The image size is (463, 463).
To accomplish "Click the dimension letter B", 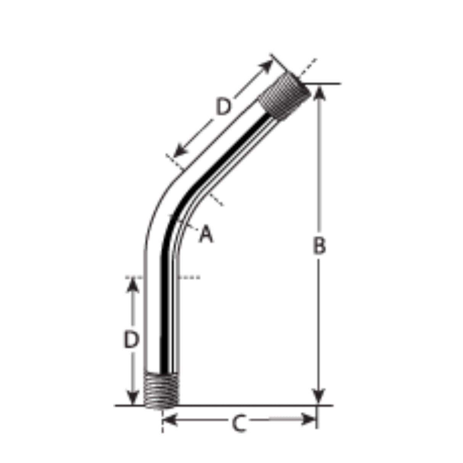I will tap(319, 246).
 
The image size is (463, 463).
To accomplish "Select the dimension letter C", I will tap(239, 423).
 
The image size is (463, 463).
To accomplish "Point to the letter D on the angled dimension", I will tap(223, 106).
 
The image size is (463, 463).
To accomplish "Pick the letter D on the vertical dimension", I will tap(131, 339).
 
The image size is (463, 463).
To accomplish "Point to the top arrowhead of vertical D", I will tap(132, 285).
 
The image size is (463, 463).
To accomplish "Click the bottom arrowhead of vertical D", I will tap(132, 397).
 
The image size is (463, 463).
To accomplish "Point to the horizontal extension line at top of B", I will tap(324, 83).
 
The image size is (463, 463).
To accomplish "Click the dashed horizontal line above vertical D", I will tap(189, 277).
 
